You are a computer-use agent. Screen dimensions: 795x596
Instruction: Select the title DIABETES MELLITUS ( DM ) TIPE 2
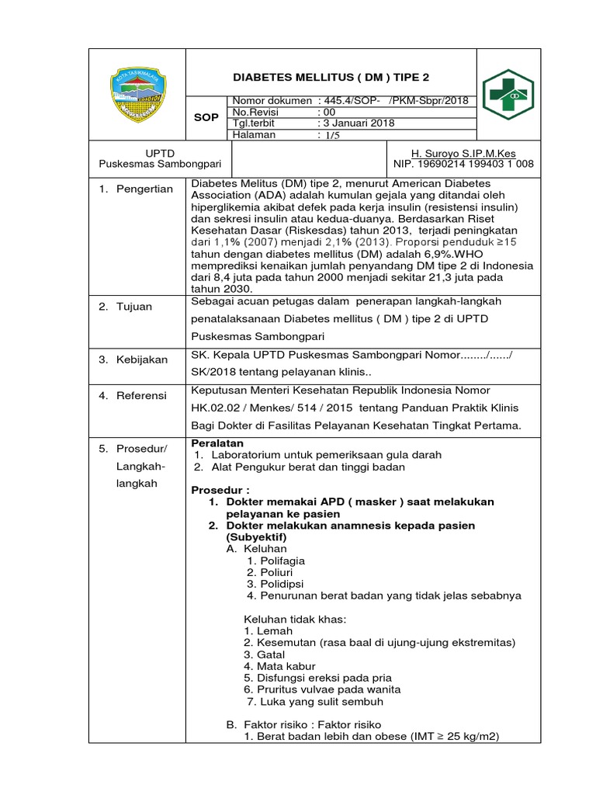[331, 78]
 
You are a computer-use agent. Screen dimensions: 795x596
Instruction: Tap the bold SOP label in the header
[206, 118]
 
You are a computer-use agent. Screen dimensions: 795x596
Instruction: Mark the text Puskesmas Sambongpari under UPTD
[161, 164]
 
